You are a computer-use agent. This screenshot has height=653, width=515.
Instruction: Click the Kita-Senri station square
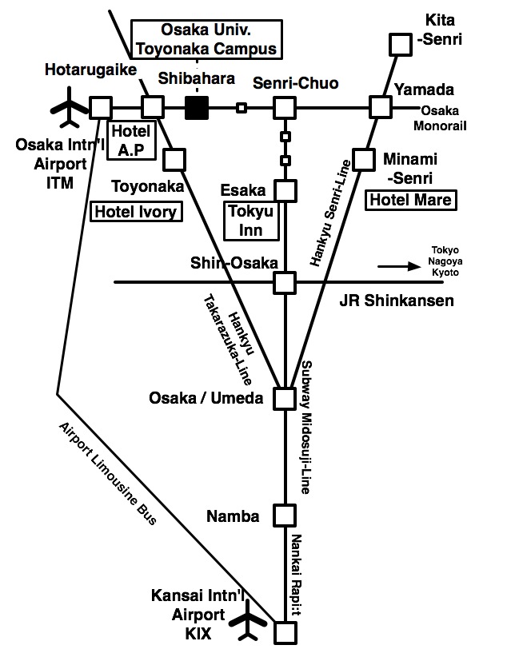point(397,43)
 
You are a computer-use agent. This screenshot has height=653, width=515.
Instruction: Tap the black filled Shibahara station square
point(197,107)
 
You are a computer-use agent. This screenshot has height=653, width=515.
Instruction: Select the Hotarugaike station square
point(101,107)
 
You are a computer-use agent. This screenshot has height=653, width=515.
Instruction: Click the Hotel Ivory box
point(135,211)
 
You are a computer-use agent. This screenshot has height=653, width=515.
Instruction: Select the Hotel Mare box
point(409,199)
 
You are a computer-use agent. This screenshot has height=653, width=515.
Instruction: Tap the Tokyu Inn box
point(252,220)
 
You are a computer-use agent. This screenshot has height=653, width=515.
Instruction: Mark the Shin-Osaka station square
point(285,282)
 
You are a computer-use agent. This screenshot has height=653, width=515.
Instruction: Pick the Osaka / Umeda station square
point(285,398)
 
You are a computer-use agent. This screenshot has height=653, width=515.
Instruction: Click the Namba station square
point(285,516)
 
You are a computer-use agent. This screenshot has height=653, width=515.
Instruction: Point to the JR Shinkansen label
point(397,301)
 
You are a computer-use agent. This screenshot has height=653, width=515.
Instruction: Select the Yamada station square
point(380,107)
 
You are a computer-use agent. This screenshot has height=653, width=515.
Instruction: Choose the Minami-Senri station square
point(365,159)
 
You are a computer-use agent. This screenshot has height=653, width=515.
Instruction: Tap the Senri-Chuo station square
point(285,107)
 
